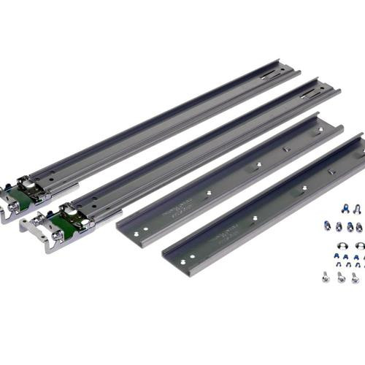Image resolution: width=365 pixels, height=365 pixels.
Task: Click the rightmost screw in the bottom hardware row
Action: pos(355,277)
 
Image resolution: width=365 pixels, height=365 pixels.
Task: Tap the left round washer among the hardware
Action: pos(326,245)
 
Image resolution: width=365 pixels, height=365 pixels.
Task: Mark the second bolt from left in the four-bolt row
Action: pos(339,227)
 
